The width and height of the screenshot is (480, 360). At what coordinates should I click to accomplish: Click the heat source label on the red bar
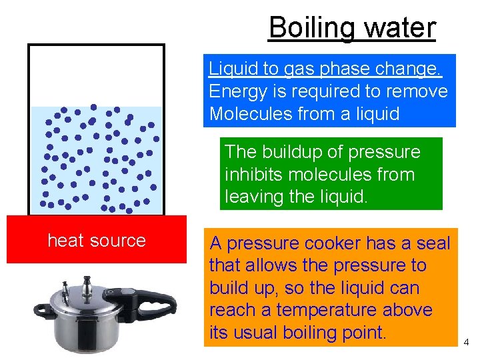(97, 240)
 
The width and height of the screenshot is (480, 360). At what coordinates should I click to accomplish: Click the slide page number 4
(467, 343)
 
